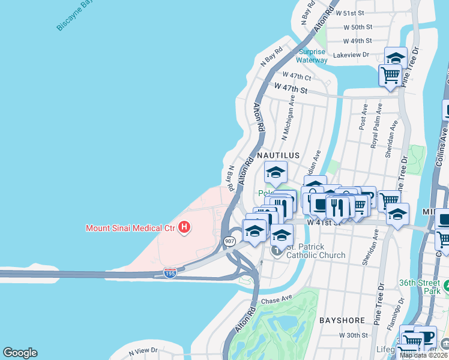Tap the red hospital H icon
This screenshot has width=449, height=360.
tap(185, 227)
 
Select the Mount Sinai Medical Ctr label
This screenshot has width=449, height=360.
tap(132, 228)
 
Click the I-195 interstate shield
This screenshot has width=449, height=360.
tap(170, 273)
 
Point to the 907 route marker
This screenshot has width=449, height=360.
tap(229, 241)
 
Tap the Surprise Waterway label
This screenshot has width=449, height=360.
tap(312, 56)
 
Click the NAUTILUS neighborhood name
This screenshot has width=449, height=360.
tap(278, 155)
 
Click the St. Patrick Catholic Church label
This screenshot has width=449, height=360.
tap(315, 251)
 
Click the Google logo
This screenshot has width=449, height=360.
tap(20, 353)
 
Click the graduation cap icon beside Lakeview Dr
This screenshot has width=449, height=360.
tap(396, 58)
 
